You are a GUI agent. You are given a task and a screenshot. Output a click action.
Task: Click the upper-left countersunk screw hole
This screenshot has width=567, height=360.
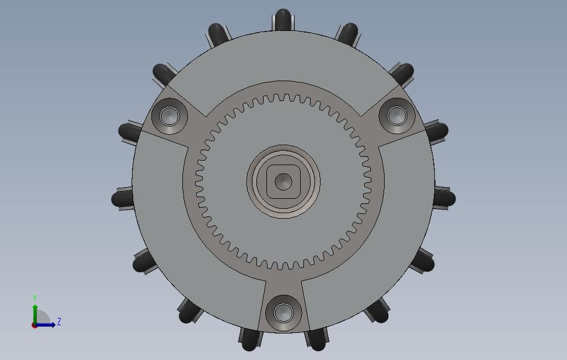tap(169, 116)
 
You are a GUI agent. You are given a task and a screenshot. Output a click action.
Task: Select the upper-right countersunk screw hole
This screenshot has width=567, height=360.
tap(397, 115)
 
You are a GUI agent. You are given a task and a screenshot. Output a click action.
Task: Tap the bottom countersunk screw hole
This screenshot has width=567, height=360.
tap(283, 313)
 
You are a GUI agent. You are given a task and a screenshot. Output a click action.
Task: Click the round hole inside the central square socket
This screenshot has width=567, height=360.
tap(283, 182)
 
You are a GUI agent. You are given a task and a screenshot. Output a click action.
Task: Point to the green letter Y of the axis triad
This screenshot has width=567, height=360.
tap(35, 298)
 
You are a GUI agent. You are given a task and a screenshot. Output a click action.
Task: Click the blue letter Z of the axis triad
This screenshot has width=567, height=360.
tap(59, 321)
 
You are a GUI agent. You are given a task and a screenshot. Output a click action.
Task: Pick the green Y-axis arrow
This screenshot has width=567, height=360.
tap(35, 315)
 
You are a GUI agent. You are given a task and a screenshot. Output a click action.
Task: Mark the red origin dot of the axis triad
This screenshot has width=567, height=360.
tap(34, 326)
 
